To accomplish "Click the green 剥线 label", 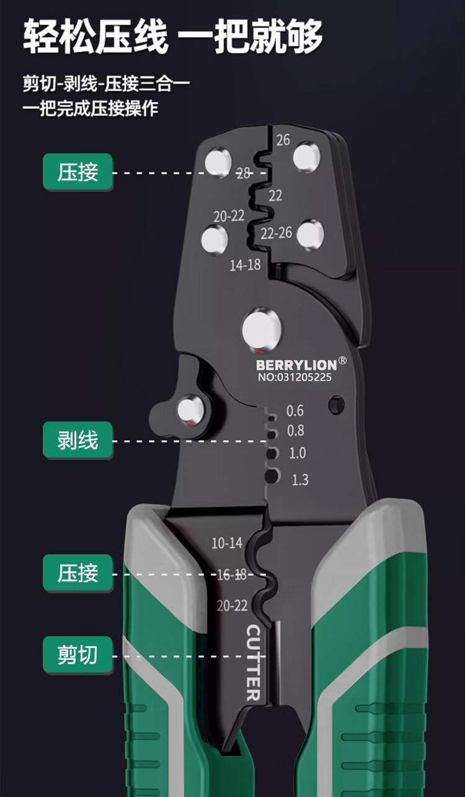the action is click(x=77, y=440).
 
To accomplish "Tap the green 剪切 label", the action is click(x=77, y=654).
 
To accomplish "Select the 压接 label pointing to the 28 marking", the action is click(x=77, y=172).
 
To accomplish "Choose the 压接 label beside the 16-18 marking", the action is click(x=77, y=572).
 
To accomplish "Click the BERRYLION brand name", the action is click(x=296, y=365).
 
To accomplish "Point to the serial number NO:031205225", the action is click(x=294, y=377).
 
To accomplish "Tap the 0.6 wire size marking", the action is click(x=295, y=411).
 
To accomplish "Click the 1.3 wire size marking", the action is click(x=299, y=480).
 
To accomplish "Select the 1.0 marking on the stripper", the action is click(x=298, y=453).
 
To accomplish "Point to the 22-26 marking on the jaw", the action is click(x=276, y=233).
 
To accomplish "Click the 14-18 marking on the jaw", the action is click(x=245, y=265).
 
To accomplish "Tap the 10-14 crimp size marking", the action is click(x=227, y=543).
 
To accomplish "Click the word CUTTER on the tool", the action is click(x=254, y=662).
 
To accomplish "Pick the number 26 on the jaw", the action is click(x=283, y=140).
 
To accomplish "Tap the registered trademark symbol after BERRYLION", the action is click(x=343, y=361).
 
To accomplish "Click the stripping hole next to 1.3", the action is click(x=272, y=477).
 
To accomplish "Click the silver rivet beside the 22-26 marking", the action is click(x=310, y=235).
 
